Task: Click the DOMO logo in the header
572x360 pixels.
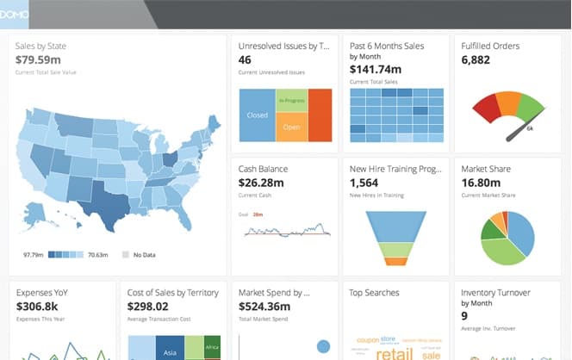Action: coord(15,15)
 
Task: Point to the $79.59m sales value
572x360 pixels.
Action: coord(38,60)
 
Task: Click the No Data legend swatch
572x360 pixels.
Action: coord(126,255)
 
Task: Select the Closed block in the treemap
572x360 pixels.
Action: coord(257,115)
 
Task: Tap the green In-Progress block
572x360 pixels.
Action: coord(291,100)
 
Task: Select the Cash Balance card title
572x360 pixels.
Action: coord(263,170)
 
